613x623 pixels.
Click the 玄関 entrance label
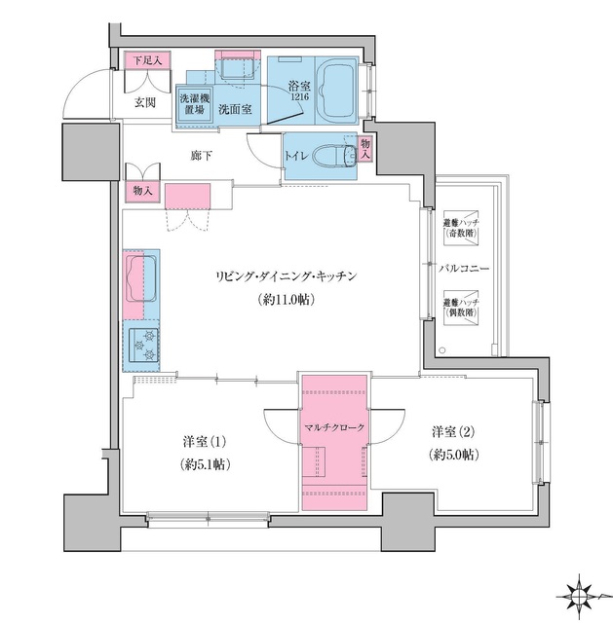(x=144, y=101)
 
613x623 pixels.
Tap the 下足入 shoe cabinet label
(x=148, y=60)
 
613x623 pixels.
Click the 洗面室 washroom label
(x=235, y=110)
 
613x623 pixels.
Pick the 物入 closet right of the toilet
(x=365, y=149)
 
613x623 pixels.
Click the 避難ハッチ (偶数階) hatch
(x=461, y=308)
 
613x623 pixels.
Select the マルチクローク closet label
(x=335, y=427)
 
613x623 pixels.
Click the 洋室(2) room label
(x=452, y=429)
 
